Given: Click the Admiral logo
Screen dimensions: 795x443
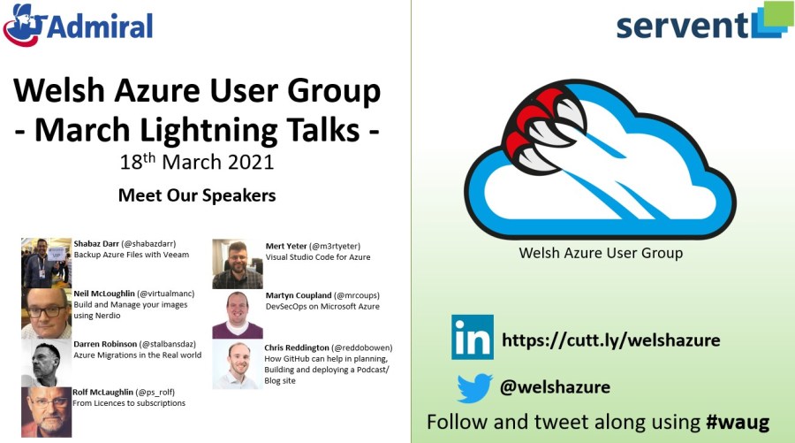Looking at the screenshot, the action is (78, 25).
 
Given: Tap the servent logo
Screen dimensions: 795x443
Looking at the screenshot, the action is (705, 22).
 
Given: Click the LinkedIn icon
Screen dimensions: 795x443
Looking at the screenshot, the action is (472, 337).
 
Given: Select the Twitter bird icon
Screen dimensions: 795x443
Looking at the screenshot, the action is (474, 388).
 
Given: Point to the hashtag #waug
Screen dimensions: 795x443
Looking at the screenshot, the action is (738, 422).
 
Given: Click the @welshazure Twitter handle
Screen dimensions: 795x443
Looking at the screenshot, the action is (555, 387).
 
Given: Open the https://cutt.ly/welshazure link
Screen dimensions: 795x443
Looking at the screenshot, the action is (611, 340).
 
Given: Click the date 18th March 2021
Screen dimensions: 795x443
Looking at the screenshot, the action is (197, 161).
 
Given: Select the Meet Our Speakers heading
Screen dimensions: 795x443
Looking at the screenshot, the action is (197, 195).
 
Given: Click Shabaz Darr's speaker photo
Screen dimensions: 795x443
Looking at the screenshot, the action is (46, 263).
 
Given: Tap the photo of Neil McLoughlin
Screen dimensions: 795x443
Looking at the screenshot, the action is (46, 313).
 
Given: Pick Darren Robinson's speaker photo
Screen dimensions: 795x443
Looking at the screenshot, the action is (46, 363).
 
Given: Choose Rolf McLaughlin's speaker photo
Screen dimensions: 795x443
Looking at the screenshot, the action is (46, 412).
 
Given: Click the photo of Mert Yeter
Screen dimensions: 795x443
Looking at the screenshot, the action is (238, 264).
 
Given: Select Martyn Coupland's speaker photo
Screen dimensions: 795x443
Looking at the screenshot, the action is (238, 314).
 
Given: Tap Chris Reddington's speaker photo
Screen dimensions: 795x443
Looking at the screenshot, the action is (238, 364).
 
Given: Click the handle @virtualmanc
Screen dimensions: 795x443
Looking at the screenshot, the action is (166, 294).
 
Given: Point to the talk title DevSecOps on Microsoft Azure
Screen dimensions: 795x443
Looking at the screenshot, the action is (322, 307).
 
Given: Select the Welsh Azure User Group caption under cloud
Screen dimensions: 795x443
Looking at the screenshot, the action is (601, 253).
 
